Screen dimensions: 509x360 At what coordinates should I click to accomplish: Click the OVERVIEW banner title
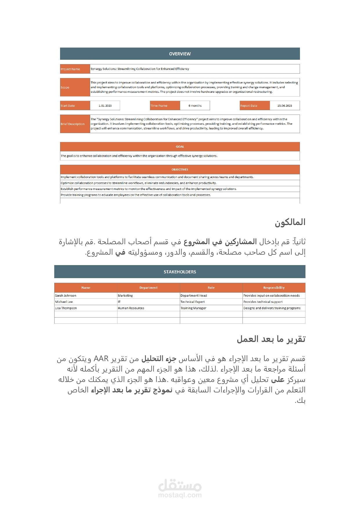pyautogui.click(x=180, y=54)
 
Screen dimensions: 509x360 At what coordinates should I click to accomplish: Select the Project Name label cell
pyautogui.click(x=75, y=69)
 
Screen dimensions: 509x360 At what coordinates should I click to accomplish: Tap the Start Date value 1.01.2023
pyautogui.click(x=105, y=106)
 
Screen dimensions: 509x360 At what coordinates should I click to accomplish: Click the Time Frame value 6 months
pyautogui.click(x=195, y=106)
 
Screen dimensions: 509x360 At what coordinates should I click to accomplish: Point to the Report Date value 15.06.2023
pyautogui.click(x=285, y=106)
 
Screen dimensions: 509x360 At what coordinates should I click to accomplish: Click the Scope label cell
pyautogui.click(x=75, y=87)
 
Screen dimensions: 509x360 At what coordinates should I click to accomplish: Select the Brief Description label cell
pyautogui.click(x=75, y=124)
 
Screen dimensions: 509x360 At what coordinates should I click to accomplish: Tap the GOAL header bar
pyautogui.click(x=180, y=147)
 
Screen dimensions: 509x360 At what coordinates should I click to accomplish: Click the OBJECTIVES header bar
pyautogui.click(x=180, y=170)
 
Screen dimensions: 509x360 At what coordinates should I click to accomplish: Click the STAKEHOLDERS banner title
pyautogui.click(x=180, y=272)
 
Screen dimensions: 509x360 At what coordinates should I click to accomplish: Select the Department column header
pyautogui.click(x=149, y=288)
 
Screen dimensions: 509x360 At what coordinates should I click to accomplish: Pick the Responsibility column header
pyautogui.click(x=274, y=288)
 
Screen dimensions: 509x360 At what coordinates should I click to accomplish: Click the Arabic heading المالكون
pyautogui.click(x=290, y=222)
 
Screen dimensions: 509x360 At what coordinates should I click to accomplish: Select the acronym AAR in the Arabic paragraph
pyautogui.click(x=101, y=359)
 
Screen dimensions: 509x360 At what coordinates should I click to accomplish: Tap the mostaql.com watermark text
pyautogui.click(x=180, y=495)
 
